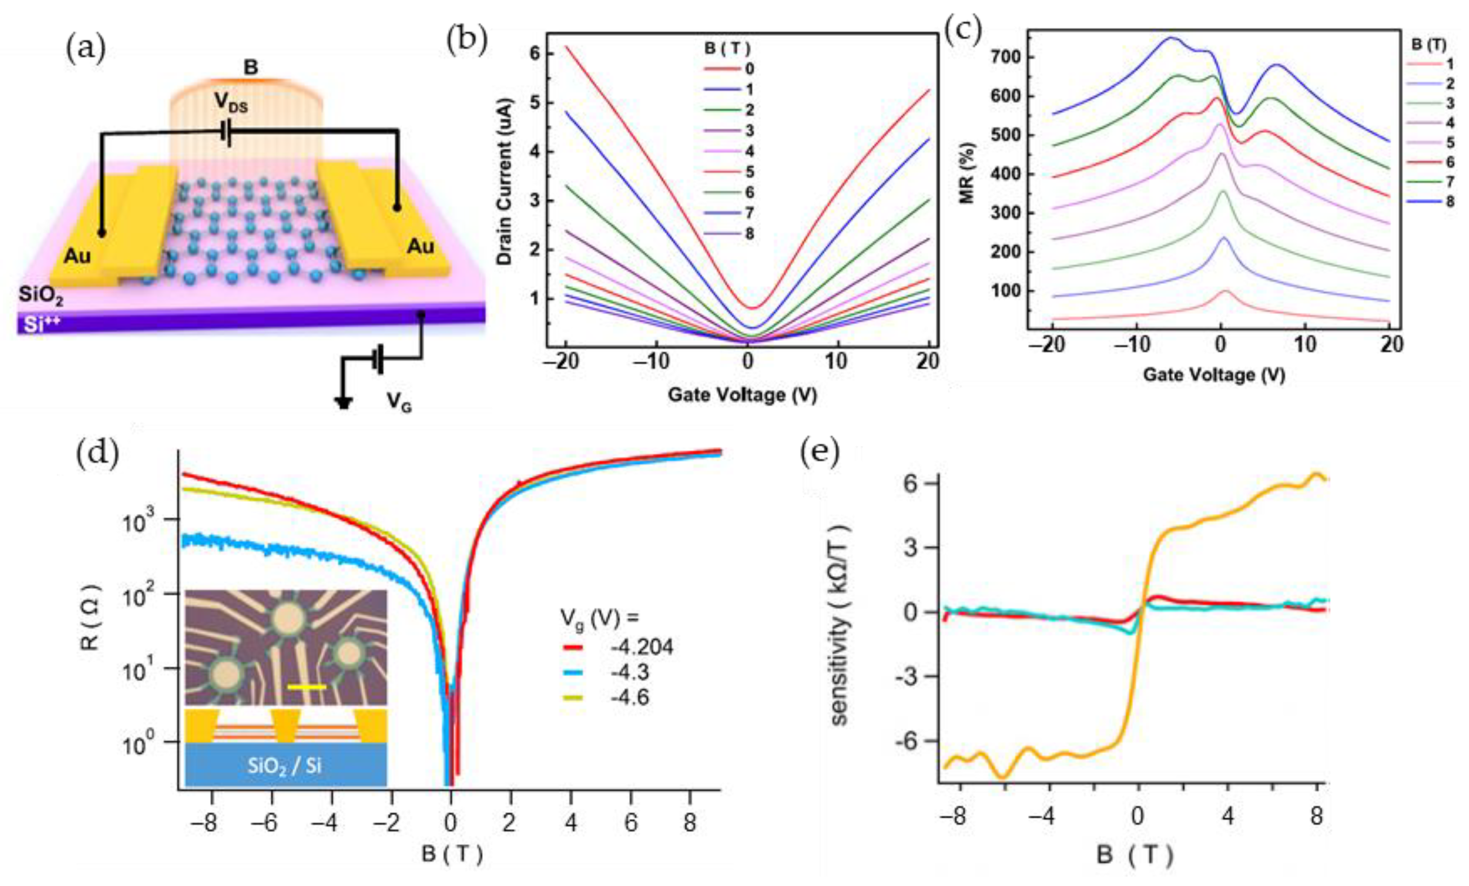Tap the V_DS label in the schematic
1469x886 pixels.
[231, 104]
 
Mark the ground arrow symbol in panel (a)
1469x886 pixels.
[343, 402]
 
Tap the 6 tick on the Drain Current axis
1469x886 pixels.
[534, 53]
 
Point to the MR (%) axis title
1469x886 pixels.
[967, 173]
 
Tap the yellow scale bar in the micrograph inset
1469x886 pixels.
[306, 687]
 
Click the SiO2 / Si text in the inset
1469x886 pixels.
[285, 765]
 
